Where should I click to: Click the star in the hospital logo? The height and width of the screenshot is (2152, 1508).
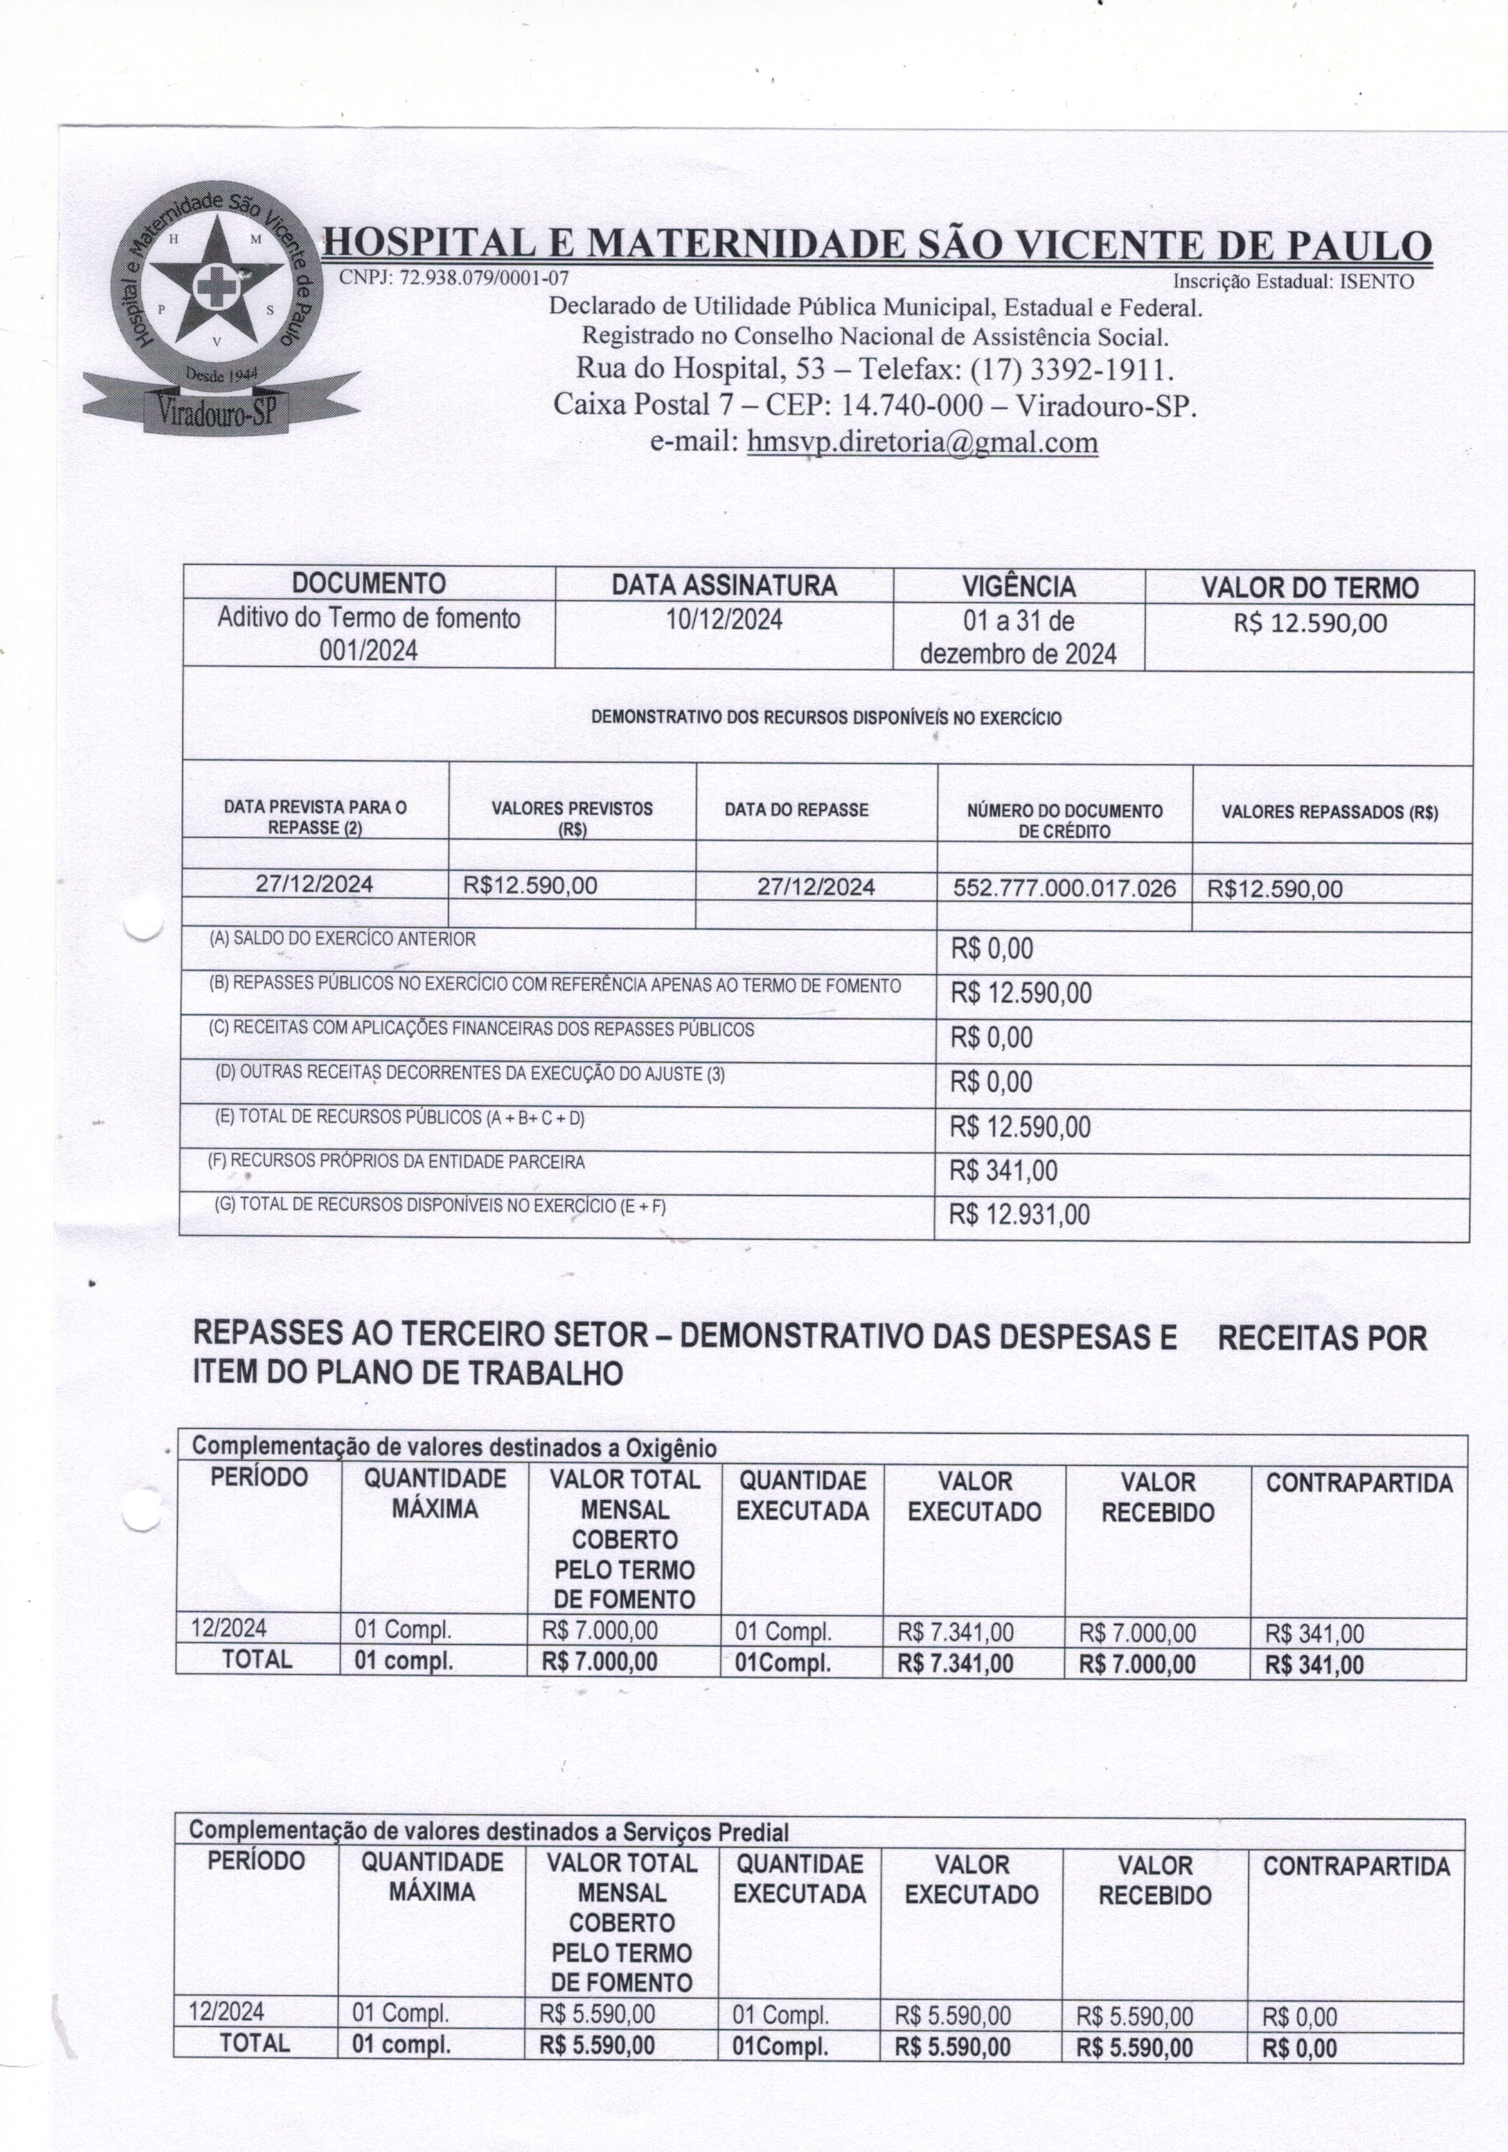[x=215, y=283]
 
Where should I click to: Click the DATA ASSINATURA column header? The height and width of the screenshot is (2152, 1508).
[x=724, y=586]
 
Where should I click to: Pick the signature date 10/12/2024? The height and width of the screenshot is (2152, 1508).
[x=724, y=619]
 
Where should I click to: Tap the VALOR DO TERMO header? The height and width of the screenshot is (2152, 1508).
[x=1310, y=588]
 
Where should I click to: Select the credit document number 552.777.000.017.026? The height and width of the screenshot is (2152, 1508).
[x=1064, y=888]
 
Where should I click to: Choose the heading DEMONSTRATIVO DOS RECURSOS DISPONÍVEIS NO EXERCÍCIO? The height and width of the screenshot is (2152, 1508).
[x=826, y=719]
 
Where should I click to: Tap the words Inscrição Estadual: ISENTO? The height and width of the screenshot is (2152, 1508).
[x=1293, y=281]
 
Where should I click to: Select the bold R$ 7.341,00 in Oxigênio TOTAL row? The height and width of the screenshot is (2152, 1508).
[x=955, y=1664]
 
